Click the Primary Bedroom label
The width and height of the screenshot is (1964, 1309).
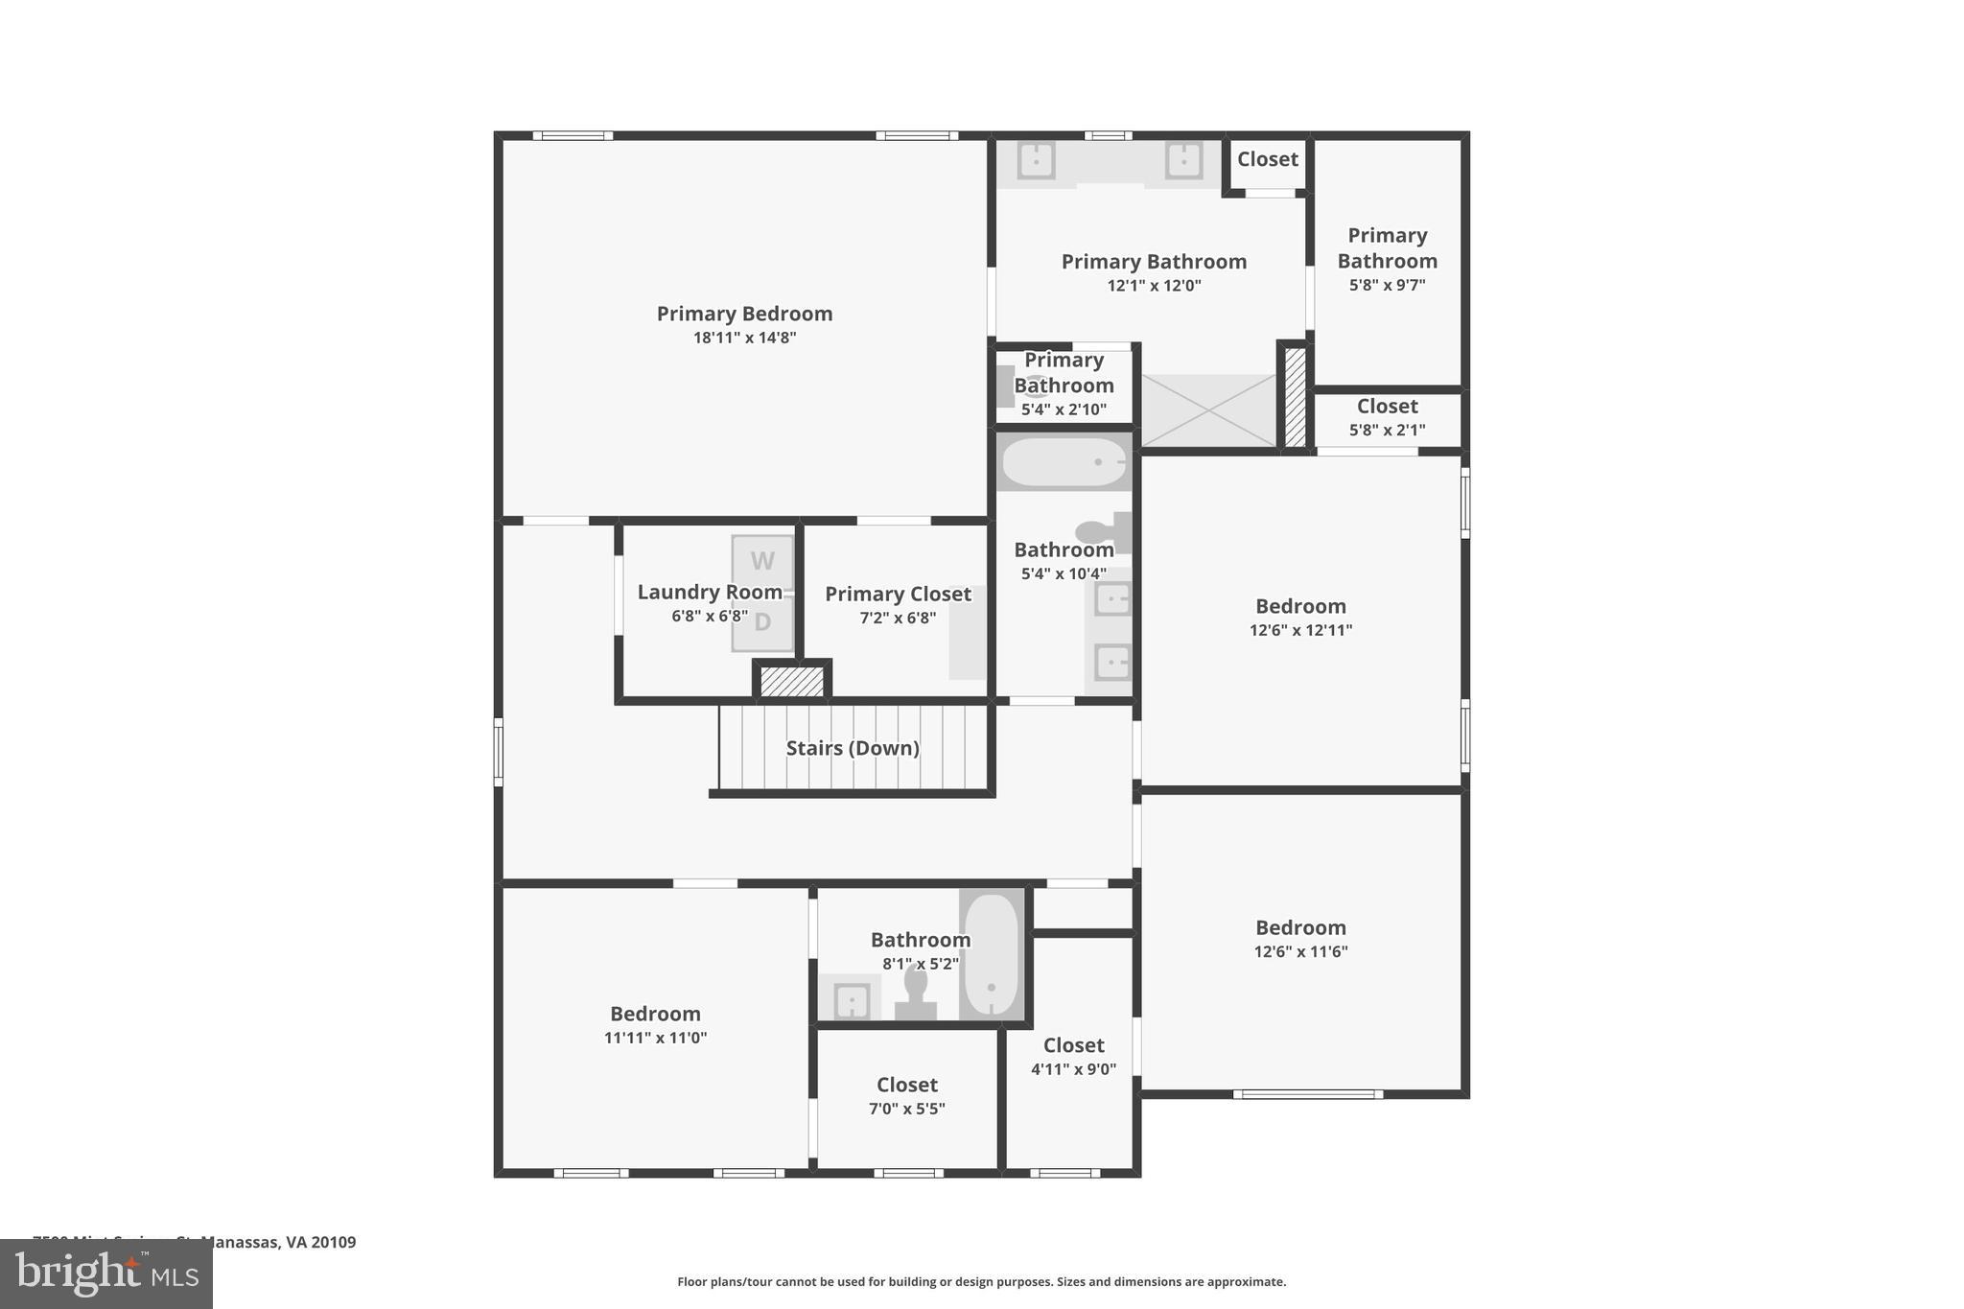pos(744,314)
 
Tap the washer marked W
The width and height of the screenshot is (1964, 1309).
pos(762,561)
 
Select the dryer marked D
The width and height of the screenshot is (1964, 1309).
pos(762,622)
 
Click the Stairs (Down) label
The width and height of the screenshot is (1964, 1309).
pos(853,748)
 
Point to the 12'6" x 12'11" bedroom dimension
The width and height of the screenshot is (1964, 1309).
pos(1300,630)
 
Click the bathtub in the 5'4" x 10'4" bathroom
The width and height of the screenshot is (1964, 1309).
pos(1064,462)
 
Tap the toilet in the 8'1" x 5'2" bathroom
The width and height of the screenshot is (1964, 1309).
pos(916,992)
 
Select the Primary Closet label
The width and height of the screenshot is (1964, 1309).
pos(898,594)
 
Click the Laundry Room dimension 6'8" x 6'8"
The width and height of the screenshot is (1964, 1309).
pos(710,616)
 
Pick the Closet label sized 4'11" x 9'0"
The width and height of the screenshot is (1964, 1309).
pos(1073,1045)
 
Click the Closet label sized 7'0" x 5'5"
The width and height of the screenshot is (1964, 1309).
pos(906,1085)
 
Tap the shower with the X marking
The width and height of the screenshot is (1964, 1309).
pos(1208,410)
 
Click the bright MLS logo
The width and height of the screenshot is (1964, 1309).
pos(106,1274)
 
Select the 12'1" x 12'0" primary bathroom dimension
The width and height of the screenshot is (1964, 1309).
pos(1154,285)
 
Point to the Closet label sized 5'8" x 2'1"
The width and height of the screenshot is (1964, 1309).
pos(1387,406)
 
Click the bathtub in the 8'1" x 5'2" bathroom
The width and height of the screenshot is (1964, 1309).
pos(991,954)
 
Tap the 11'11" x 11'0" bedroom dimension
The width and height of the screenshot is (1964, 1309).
pos(655,1038)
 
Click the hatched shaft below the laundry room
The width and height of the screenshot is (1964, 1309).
pos(792,681)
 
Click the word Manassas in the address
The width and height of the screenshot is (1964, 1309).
pos(241,1242)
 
